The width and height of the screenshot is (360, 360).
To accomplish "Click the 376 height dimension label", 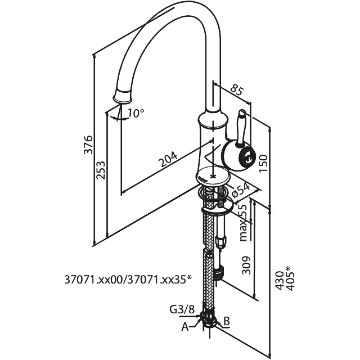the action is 88,145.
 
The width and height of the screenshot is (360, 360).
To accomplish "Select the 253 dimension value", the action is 101,170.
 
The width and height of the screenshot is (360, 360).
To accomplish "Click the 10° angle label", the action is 136,113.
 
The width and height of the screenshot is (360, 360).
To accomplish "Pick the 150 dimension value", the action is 263,164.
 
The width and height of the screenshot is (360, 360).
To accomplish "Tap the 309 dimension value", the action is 246,265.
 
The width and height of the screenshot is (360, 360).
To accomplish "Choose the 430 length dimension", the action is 280,281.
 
